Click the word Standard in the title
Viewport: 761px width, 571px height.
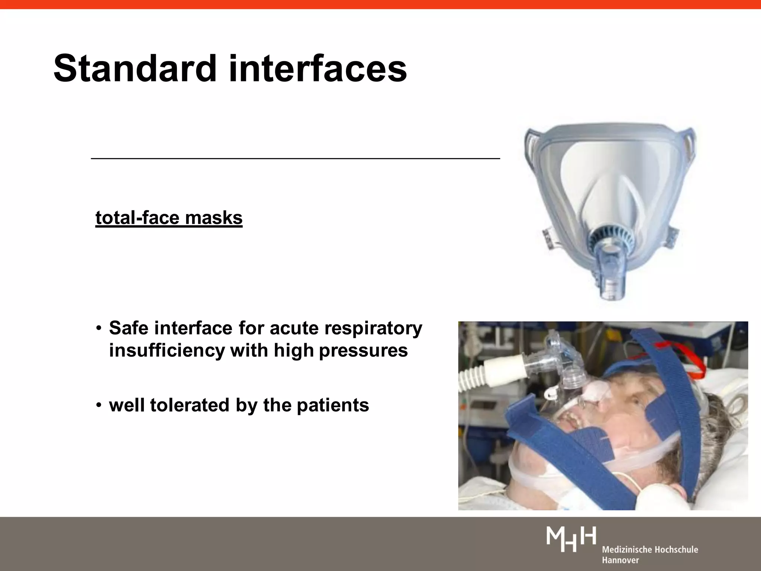[135, 69]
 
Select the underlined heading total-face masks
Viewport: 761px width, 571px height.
[169, 218]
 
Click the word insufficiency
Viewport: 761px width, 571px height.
[167, 350]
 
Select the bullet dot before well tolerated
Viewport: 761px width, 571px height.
[98, 405]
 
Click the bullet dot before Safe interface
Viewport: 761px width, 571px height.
[98, 328]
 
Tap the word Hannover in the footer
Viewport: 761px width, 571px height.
[620, 560]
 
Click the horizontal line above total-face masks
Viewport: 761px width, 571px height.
[295, 159]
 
